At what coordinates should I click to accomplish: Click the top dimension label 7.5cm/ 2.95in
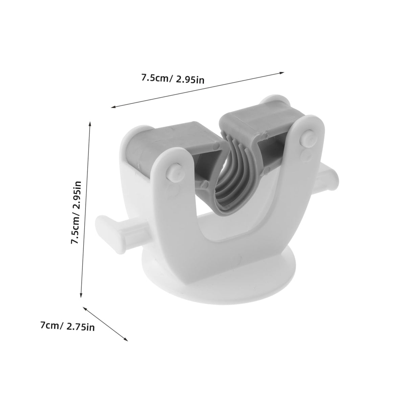click(x=173, y=79)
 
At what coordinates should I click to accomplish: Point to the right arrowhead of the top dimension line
click(x=282, y=73)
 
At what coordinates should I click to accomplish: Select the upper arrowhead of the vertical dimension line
click(x=90, y=124)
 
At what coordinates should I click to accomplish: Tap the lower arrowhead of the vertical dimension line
click(x=81, y=295)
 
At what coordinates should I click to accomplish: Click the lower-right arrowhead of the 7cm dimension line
click(x=126, y=345)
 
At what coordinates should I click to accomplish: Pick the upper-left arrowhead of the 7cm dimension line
click(x=85, y=309)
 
